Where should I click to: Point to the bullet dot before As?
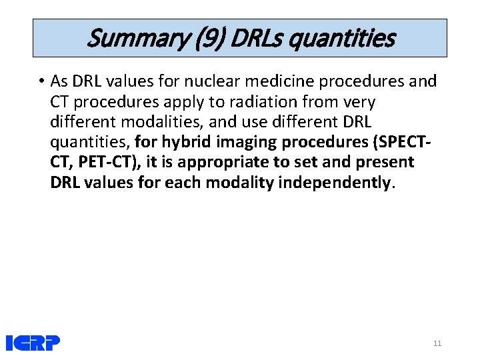tap(41, 82)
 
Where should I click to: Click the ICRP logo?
tap(33, 343)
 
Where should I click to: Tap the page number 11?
tap(437, 343)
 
